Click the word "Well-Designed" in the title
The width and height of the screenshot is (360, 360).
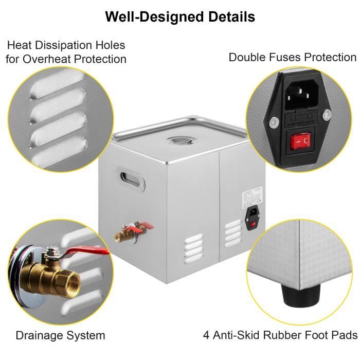(x=155, y=16)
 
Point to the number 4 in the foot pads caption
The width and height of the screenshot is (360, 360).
(x=206, y=335)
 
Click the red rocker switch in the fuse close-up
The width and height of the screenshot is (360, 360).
(x=300, y=141)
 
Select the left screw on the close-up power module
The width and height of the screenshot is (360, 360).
(x=274, y=122)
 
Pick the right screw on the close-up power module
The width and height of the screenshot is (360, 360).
(x=327, y=115)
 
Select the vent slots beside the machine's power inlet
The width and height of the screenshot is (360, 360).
(x=233, y=233)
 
